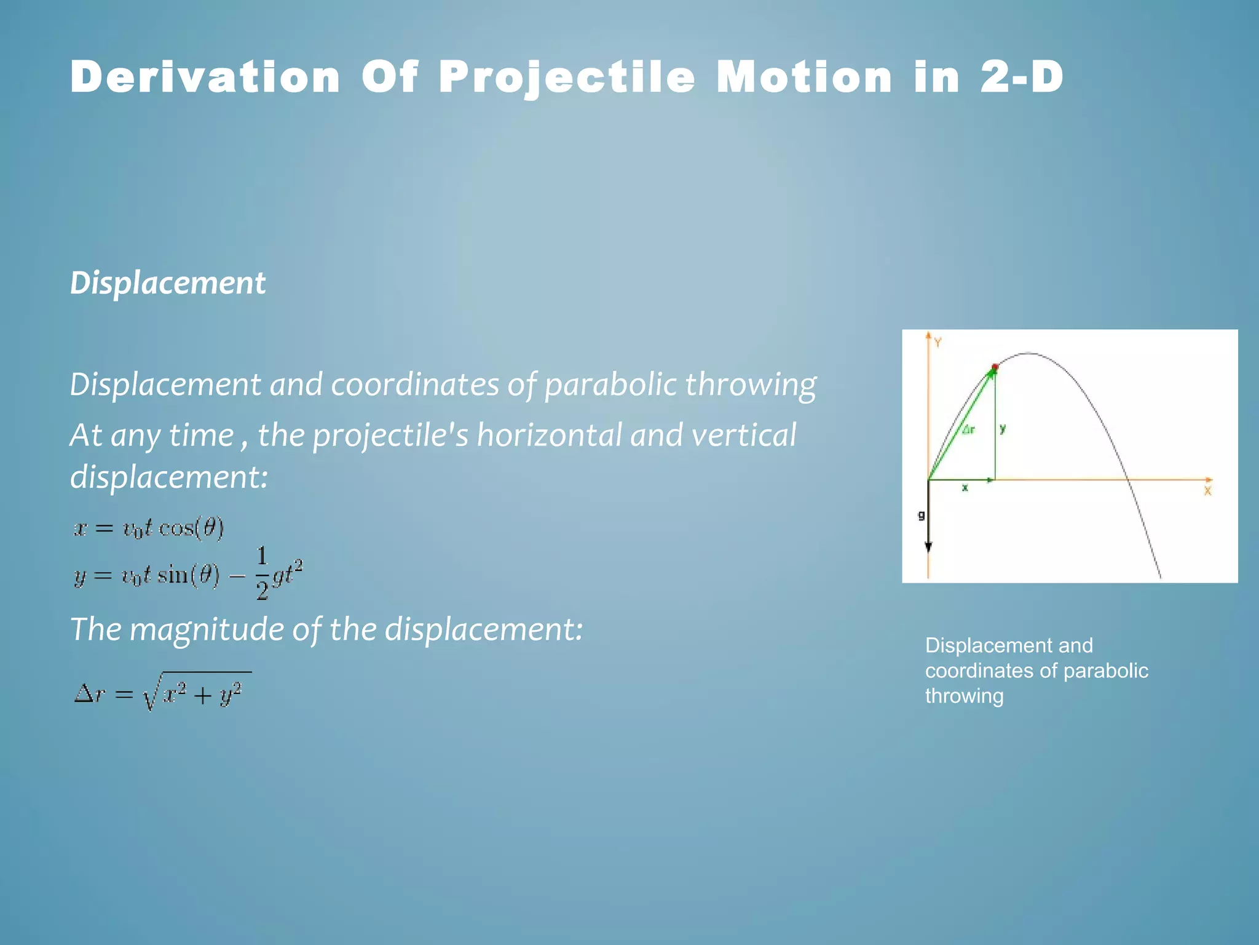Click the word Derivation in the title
(205, 78)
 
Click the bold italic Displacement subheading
(168, 284)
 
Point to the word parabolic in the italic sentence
(610, 385)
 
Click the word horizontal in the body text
(549, 436)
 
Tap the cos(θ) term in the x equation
(191, 528)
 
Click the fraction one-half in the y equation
(262, 573)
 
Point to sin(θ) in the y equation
(188, 576)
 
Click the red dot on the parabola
(995, 367)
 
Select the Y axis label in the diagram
(938, 343)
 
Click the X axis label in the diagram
(1207, 491)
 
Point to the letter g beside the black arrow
(921, 516)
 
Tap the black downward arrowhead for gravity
(928, 547)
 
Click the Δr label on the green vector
(968, 430)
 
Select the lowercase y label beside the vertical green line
(1003, 429)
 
